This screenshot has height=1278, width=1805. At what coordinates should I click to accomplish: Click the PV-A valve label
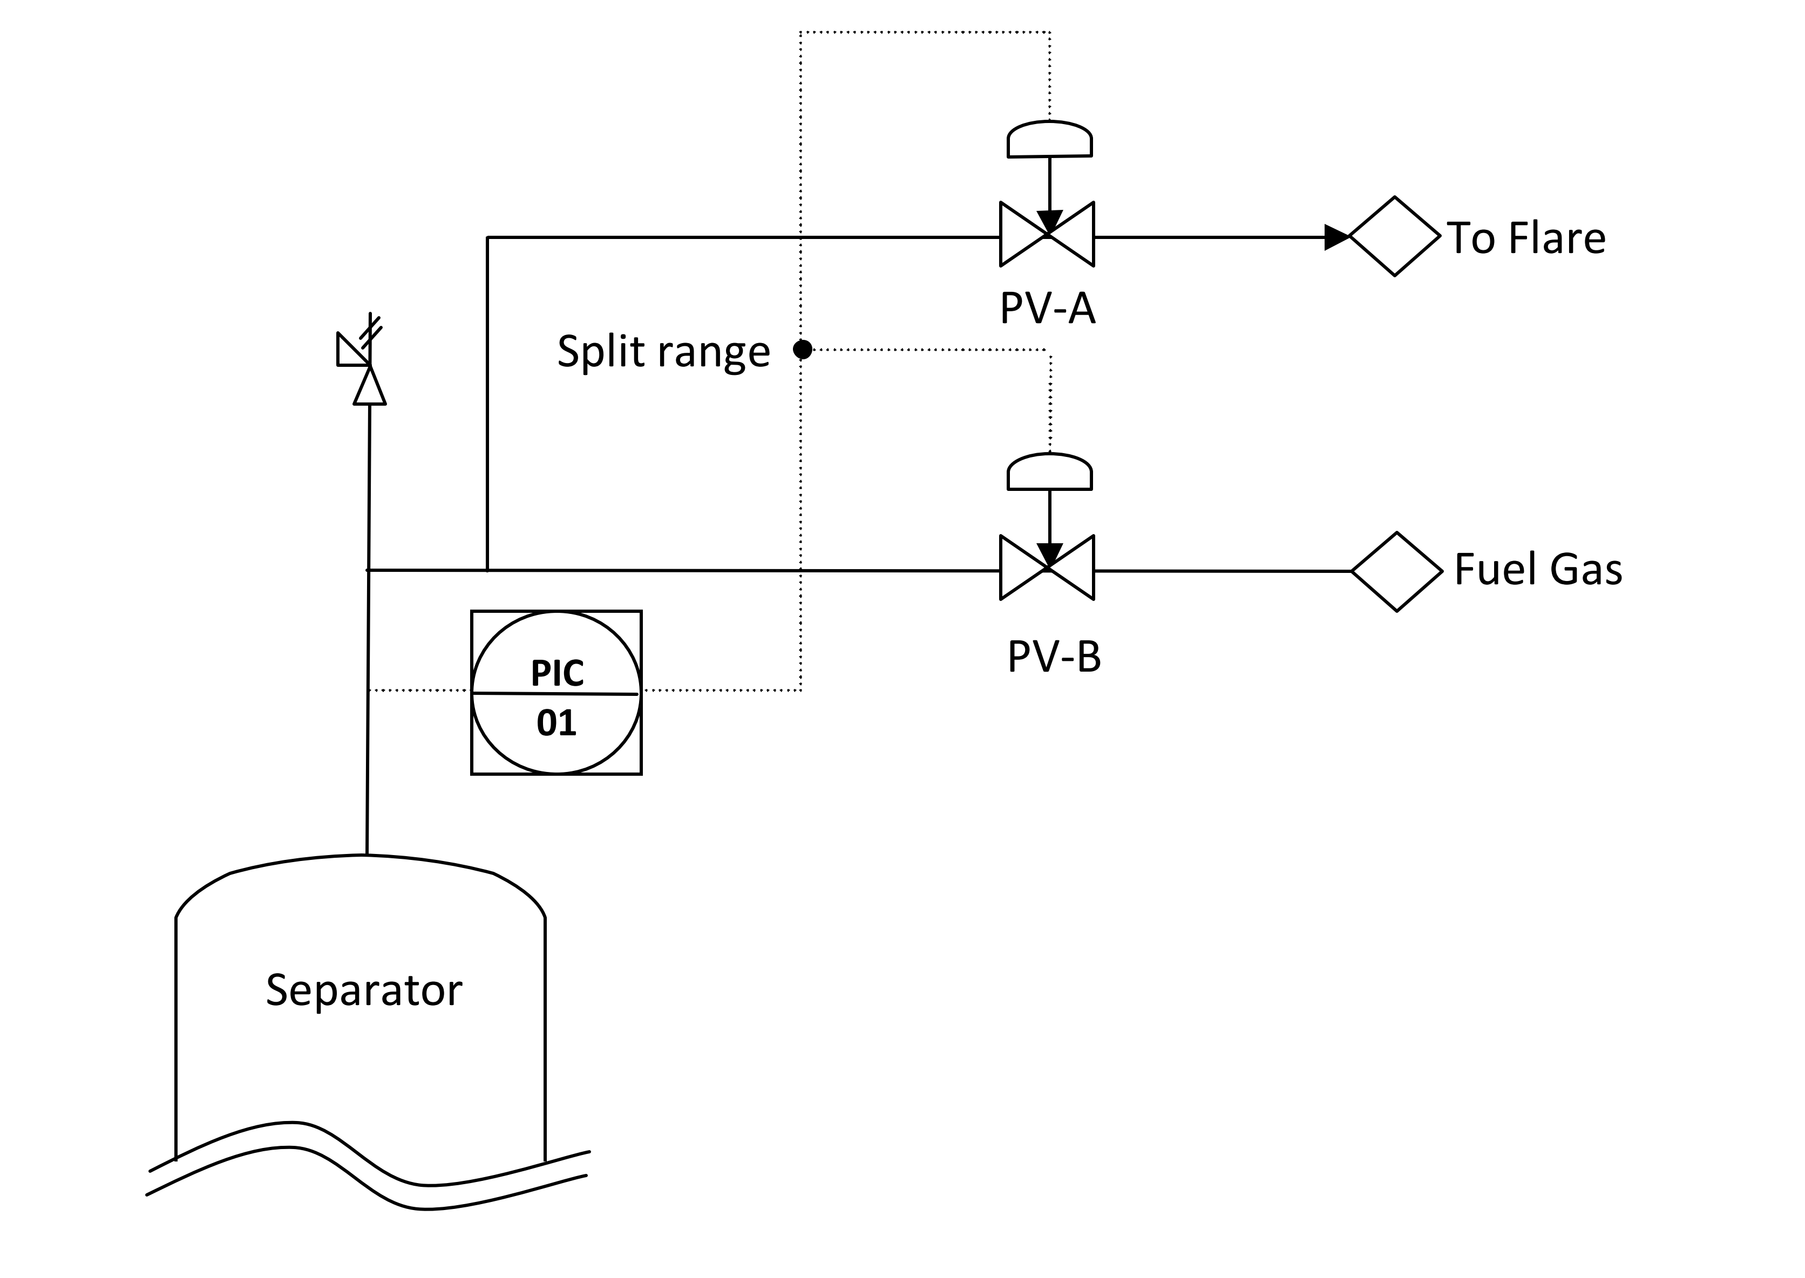click(x=1047, y=309)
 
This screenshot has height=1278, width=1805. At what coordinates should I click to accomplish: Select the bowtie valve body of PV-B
click(x=1047, y=568)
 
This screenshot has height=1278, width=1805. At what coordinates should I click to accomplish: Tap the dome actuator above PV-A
click(x=1049, y=139)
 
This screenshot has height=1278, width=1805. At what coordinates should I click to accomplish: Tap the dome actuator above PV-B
click(x=1049, y=472)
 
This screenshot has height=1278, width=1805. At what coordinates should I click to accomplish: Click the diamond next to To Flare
click(x=1394, y=236)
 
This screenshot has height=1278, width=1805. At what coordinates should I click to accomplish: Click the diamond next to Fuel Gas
click(x=1396, y=571)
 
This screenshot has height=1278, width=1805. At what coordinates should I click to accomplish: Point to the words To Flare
click(x=1525, y=238)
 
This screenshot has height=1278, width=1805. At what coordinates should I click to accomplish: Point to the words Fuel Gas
click(x=1537, y=570)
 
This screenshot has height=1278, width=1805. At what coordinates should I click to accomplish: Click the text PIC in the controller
click(x=558, y=673)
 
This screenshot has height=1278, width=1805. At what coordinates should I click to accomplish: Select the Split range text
click(x=663, y=351)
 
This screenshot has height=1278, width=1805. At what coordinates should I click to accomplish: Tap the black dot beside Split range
click(x=802, y=348)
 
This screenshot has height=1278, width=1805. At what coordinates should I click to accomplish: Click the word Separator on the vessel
click(x=364, y=990)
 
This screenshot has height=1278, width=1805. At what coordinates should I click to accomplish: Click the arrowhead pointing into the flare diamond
click(x=1336, y=237)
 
